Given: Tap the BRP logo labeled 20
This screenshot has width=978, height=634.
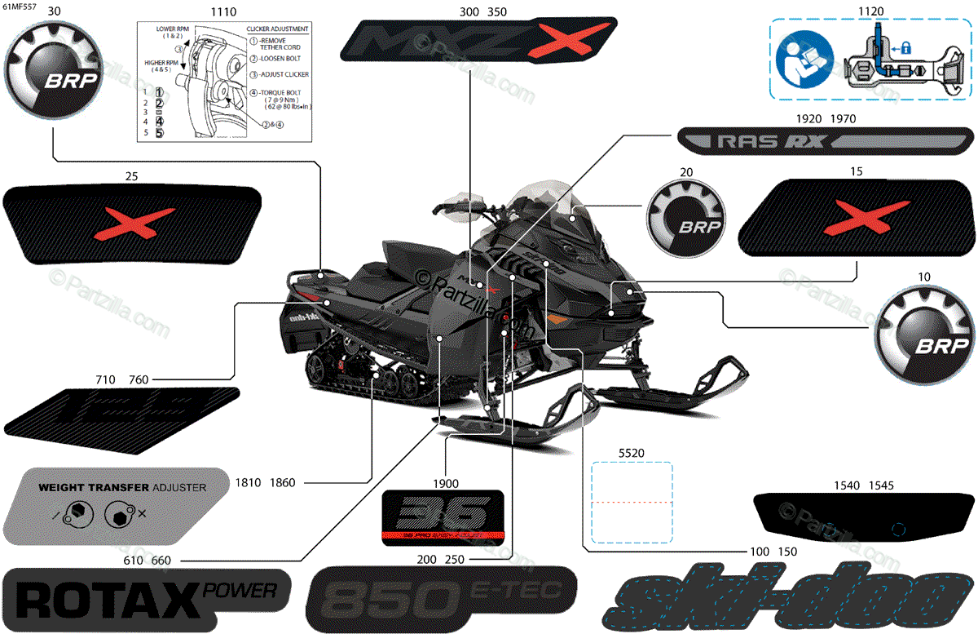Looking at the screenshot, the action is (x=686, y=219).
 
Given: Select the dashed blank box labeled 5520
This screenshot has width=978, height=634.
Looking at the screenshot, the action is (x=632, y=502).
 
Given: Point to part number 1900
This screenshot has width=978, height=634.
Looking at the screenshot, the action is (x=446, y=481).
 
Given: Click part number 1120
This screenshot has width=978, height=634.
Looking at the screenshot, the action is (x=871, y=12).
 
